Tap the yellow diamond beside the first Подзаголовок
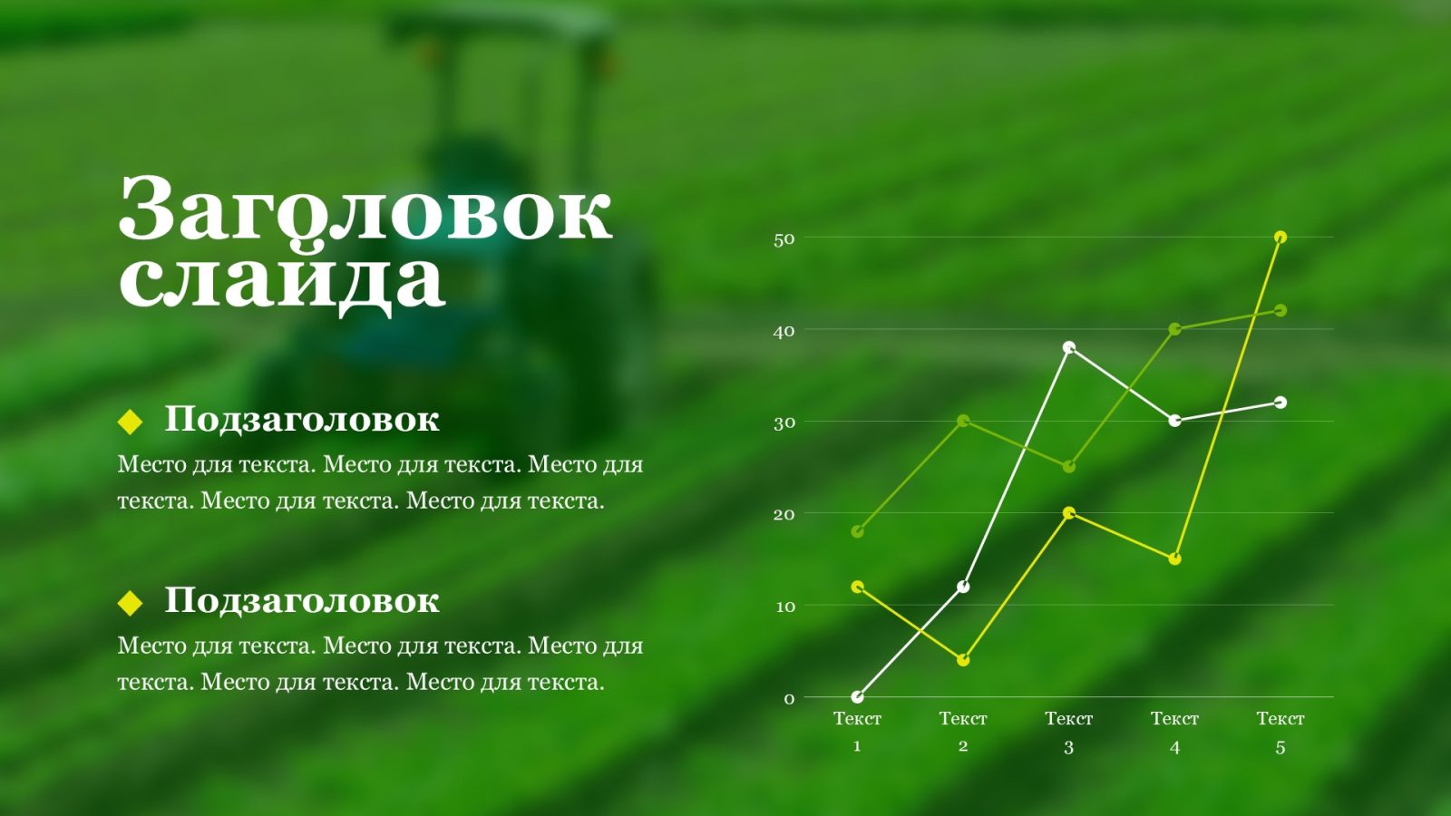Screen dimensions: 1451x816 point(130,421)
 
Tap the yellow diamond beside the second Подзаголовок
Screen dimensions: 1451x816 point(130,602)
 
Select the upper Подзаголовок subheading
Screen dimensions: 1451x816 point(302,419)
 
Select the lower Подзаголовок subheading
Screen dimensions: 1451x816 point(302,600)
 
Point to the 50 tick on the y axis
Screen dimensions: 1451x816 point(784,239)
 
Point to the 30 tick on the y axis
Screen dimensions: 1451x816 point(784,423)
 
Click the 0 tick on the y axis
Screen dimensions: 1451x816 point(789,699)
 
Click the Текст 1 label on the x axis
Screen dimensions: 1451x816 point(857,732)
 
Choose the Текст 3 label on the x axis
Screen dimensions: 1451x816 point(1069,732)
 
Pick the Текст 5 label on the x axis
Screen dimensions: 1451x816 point(1280,732)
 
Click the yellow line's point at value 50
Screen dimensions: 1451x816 point(1280,237)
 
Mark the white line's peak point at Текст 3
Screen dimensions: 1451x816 point(1069,347)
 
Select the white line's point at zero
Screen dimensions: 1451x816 point(857,697)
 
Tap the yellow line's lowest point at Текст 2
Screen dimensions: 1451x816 point(963,660)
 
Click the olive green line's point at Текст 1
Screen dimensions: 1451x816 point(857,531)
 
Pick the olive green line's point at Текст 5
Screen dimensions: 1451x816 point(1280,311)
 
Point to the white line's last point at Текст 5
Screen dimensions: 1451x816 point(1280,403)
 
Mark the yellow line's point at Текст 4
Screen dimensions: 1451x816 point(1174,559)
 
